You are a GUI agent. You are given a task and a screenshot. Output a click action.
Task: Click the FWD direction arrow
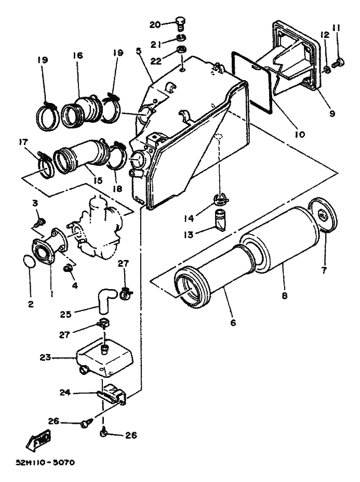(x=38, y=439)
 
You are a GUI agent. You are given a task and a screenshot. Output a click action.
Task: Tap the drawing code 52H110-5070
(x=45, y=462)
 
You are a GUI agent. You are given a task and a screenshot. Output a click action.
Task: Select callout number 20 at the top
(x=155, y=24)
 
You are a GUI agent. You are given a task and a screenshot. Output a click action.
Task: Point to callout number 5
(x=139, y=51)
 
